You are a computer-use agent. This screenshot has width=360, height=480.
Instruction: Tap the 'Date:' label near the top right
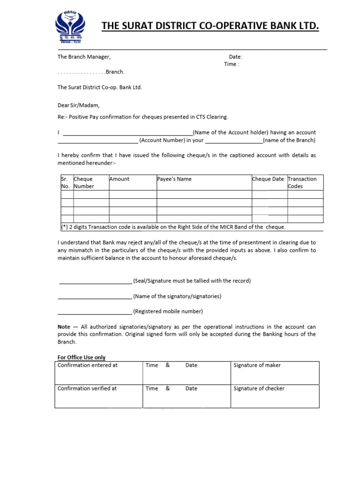pyautogui.click(x=235, y=57)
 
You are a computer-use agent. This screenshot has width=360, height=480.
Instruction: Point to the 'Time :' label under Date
pyautogui.click(x=232, y=64)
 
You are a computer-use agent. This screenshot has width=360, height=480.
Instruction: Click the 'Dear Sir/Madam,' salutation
pyautogui.click(x=79, y=105)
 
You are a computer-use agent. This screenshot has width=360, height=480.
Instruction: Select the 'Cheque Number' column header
pyautogui.click(x=84, y=182)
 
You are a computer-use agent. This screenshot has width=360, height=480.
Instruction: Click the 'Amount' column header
pyautogui.click(x=120, y=179)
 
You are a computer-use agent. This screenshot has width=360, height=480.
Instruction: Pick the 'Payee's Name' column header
pyautogui.click(x=175, y=179)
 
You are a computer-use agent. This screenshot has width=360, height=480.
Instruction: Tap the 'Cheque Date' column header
pyautogui.click(x=268, y=179)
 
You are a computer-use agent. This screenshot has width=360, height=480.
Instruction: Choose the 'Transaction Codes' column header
pyautogui.click(x=302, y=182)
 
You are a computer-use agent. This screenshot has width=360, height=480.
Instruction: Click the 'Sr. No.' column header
pyautogui.click(x=65, y=182)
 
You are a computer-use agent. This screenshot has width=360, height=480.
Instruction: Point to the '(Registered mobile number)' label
pyautogui.click(x=168, y=311)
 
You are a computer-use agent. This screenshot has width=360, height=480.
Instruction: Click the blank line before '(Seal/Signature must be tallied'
pyautogui.click(x=96, y=282)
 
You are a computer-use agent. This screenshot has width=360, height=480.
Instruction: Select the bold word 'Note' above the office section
pyautogui.click(x=64, y=327)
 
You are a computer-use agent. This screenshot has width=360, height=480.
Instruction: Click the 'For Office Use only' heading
pyautogui.click(x=82, y=358)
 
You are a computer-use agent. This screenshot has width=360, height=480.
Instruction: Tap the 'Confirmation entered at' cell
pyautogui.click(x=88, y=365)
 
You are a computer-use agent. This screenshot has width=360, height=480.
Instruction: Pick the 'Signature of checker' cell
pyautogui.click(x=259, y=389)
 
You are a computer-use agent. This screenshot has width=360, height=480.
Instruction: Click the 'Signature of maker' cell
pyautogui.click(x=257, y=365)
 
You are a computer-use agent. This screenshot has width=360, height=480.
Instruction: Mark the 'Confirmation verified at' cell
pyautogui.click(x=87, y=389)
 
